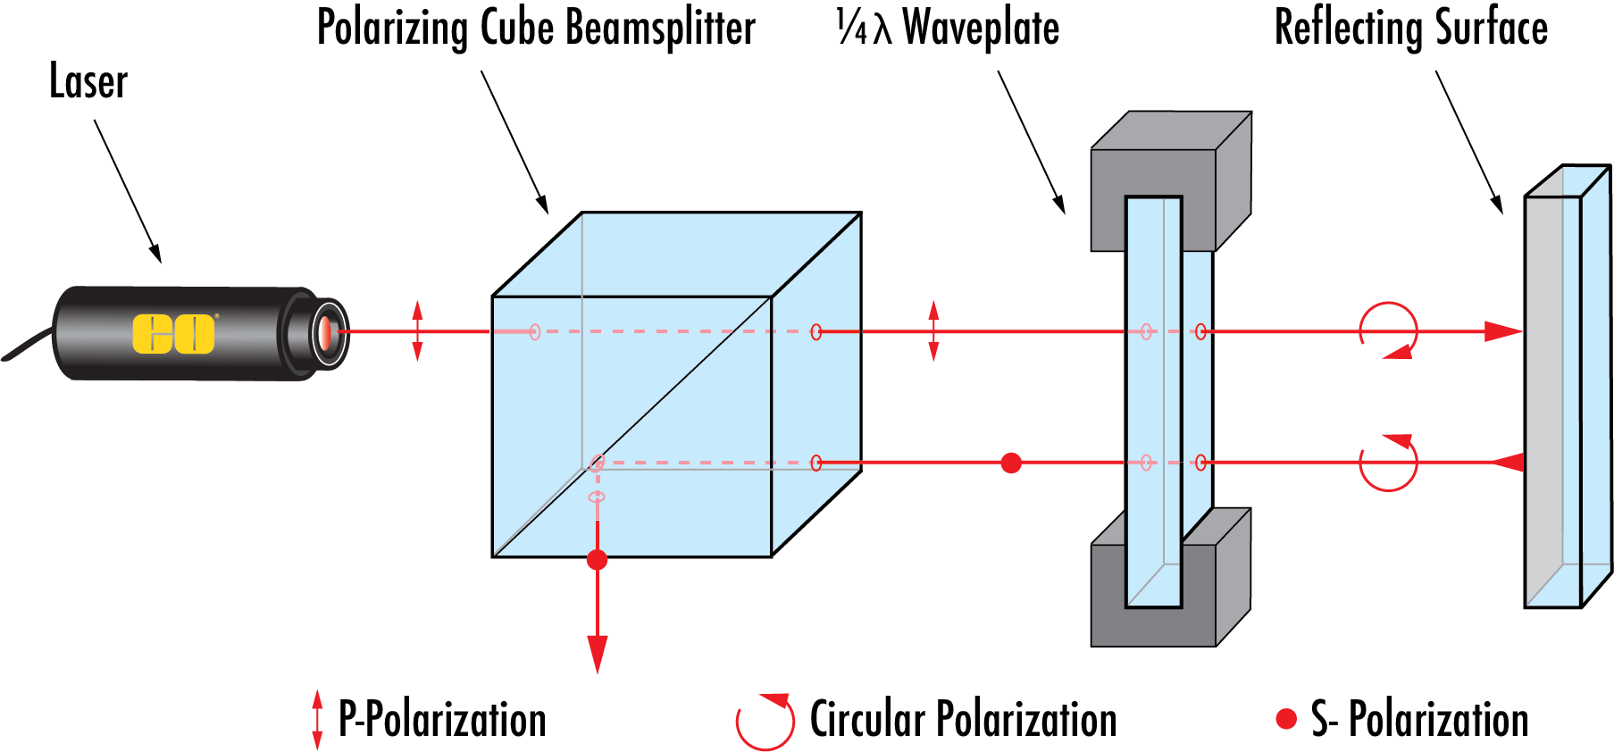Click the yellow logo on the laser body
pos(173,333)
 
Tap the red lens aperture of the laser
pos(326,332)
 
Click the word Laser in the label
pos(88,82)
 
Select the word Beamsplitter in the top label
pos(660,29)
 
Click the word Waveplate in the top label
pos(980,29)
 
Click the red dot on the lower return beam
pos(1011,463)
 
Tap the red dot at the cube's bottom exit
pos(598,560)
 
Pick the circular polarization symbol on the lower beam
pos(1389,463)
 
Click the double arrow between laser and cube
pos(417,331)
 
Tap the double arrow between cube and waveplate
pos(933,331)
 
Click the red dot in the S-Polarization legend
pos(1286,719)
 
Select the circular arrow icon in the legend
pos(765,722)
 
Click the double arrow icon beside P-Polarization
pos(317,719)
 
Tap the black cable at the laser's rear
pos(27,347)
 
